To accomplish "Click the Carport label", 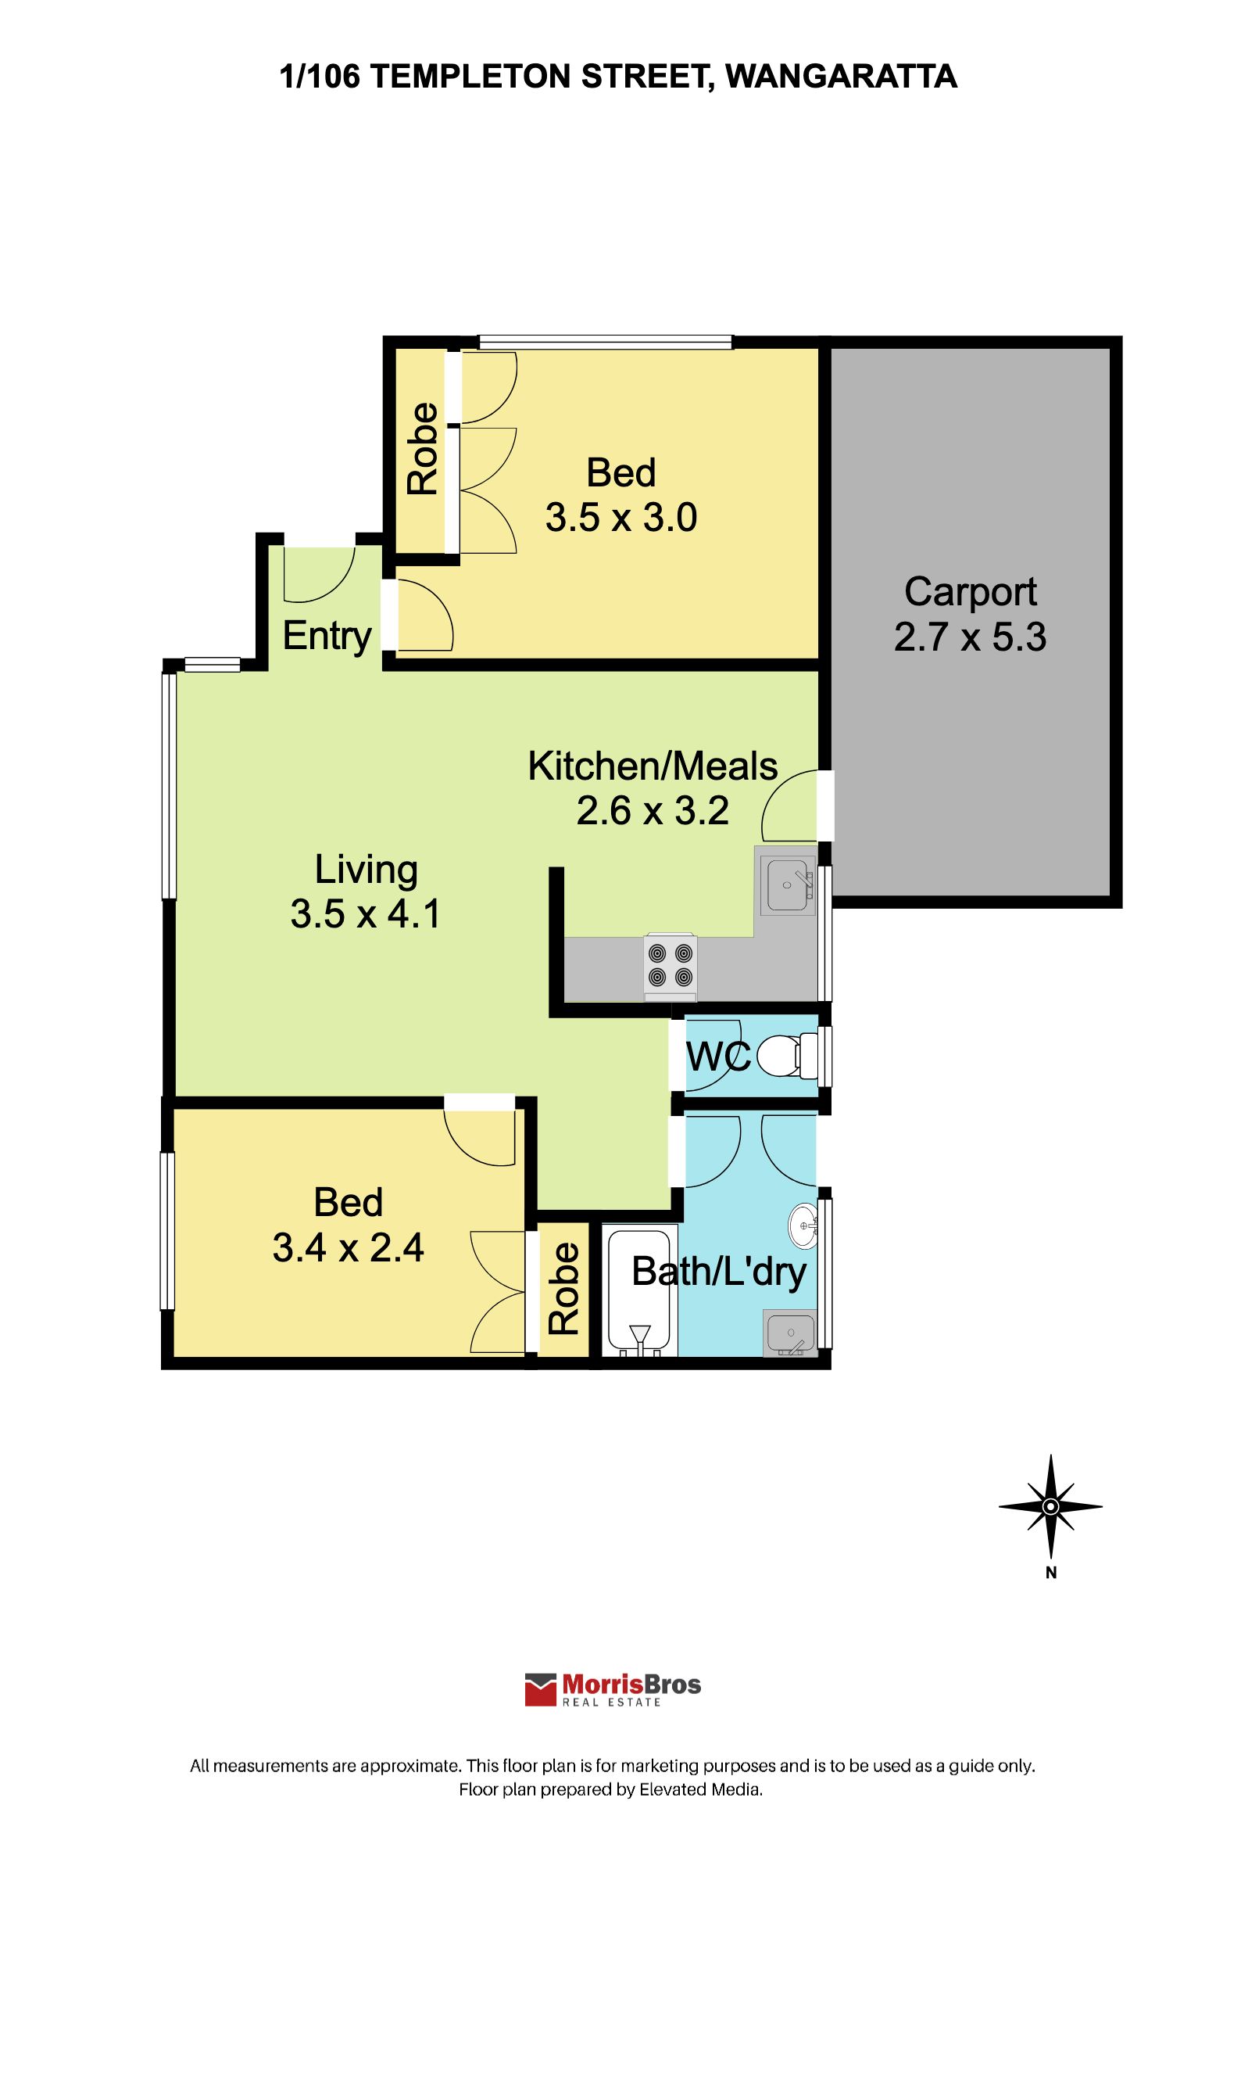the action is pyautogui.click(x=970, y=592).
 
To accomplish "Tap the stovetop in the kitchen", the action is pyautogui.click(x=671, y=966).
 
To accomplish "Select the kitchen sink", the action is pyautogui.click(x=788, y=885).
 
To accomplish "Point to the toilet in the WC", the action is pyautogui.click(x=787, y=1056).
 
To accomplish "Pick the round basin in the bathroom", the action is pyautogui.click(x=803, y=1226).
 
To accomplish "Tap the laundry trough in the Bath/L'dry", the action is pyautogui.click(x=790, y=1333).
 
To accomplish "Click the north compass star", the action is pyautogui.click(x=1050, y=1507).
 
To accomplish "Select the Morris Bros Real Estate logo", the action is pyautogui.click(x=613, y=1689).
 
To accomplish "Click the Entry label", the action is pyautogui.click(x=327, y=637).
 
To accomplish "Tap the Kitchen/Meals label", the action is pyautogui.click(x=653, y=766).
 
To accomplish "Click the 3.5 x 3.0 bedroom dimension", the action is pyautogui.click(x=621, y=517).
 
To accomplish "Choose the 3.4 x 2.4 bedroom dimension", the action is pyautogui.click(x=348, y=1247).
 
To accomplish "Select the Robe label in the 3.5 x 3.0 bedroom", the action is pyautogui.click(x=422, y=448).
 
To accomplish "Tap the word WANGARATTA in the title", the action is pyautogui.click(x=842, y=76).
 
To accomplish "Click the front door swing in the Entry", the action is pyautogui.click(x=320, y=575).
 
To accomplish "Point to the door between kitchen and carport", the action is pyautogui.click(x=789, y=806).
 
